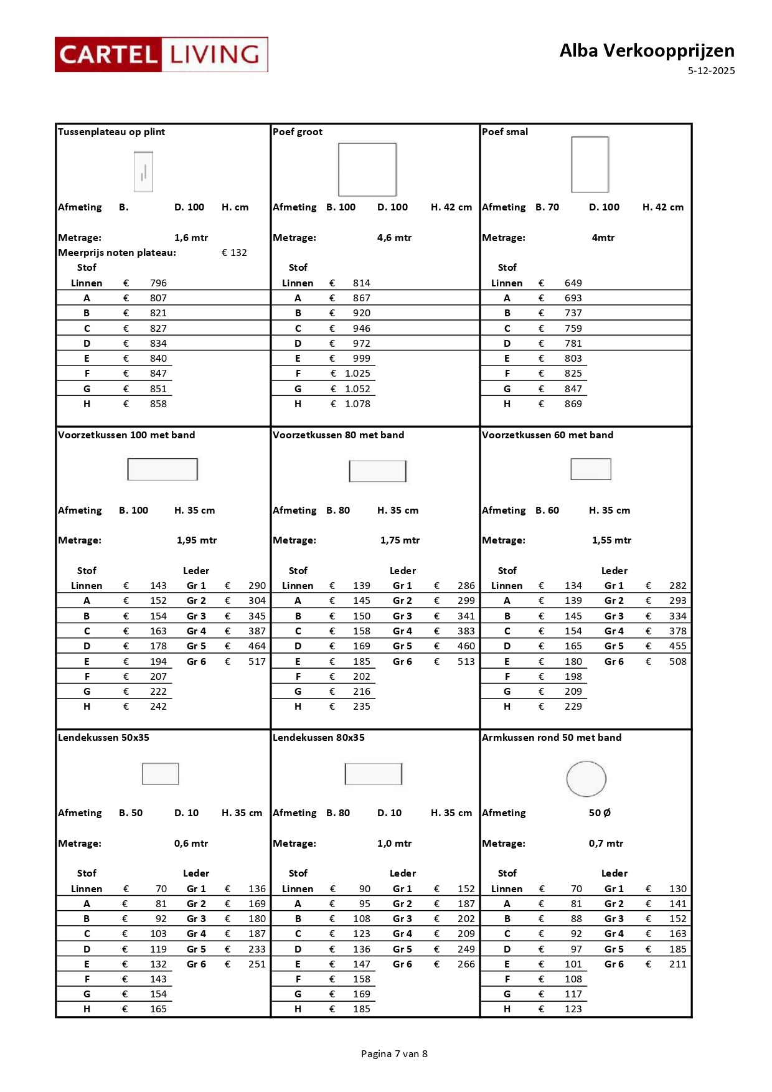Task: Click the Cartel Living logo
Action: pos(161,55)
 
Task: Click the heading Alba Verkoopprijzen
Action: pos(646,50)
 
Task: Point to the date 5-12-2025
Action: pos(711,71)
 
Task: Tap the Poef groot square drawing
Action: pos(367,169)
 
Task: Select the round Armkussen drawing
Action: pos(586,779)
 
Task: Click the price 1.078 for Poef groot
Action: pos(357,404)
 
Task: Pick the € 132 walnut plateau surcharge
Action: pos(234,253)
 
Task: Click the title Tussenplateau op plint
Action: pos(111,132)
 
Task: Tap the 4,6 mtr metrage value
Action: pos(394,238)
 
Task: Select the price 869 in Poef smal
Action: pos(573,404)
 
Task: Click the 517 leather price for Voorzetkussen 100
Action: pos(257,662)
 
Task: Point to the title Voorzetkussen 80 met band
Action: pos(338,435)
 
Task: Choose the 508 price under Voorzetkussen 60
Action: pos(677,662)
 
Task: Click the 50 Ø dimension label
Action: pos(600,813)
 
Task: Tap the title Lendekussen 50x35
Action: pos(103,738)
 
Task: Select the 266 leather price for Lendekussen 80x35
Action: pos(466,964)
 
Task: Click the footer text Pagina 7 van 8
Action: pos(394,1054)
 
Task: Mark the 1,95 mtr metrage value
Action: pos(197,540)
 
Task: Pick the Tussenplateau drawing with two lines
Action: pos(143,172)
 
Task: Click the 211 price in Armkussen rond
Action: pos(677,964)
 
